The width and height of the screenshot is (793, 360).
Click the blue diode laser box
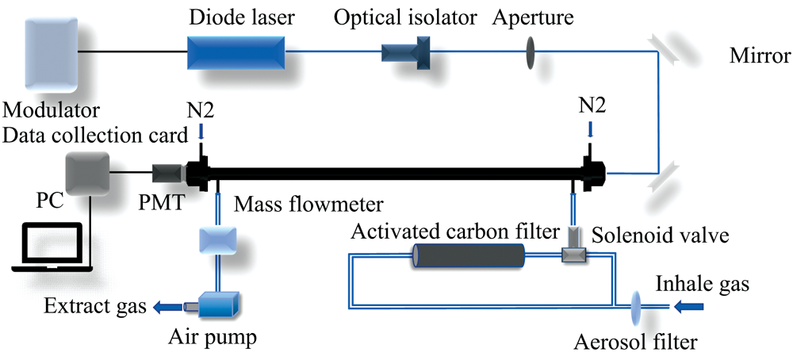point(236,52)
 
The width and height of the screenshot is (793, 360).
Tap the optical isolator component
point(405,53)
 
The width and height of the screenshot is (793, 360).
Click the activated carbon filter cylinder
point(469,257)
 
